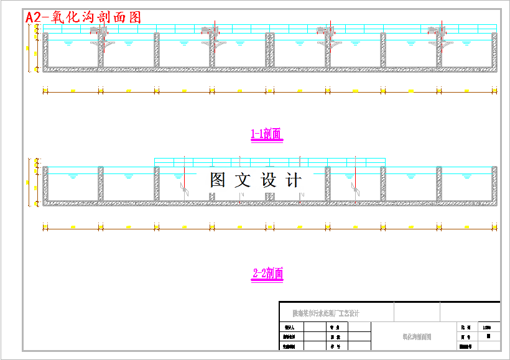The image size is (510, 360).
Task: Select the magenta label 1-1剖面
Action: tap(266, 134)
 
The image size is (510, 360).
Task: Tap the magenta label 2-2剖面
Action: tap(268, 273)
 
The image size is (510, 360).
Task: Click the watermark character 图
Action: tap(218, 180)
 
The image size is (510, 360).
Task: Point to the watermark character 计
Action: tap(293, 180)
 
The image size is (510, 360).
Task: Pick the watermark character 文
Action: tap(243, 180)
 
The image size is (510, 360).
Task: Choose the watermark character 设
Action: tap(268, 180)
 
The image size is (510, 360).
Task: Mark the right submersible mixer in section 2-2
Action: tap(354, 187)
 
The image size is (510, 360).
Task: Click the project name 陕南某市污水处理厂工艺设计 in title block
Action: tap(326, 313)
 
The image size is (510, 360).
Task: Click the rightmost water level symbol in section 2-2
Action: tap(467, 177)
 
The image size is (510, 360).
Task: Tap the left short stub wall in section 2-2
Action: tap(213, 196)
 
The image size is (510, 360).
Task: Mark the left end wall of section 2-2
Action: tap(45, 185)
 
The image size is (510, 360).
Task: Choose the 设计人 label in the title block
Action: tap(288, 326)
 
